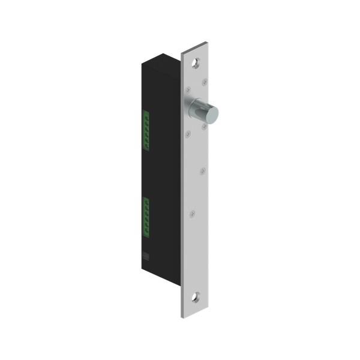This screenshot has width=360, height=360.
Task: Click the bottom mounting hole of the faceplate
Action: tap(197, 296)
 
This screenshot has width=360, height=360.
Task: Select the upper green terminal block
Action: tap(146, 130)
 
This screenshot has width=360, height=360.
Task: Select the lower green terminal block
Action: tap(146, 215)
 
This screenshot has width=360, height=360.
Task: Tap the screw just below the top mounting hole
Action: tap(205, 77)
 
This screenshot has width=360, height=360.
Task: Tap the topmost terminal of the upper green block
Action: tap(146, 113)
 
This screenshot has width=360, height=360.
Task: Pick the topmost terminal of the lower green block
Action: tap(146, 199)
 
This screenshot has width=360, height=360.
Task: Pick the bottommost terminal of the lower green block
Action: tap(146, 232)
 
